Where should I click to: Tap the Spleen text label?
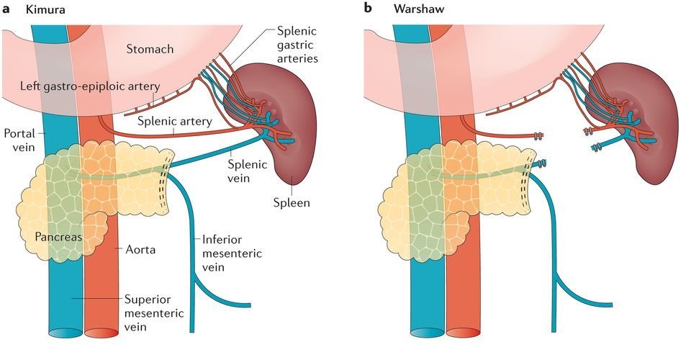293,202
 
